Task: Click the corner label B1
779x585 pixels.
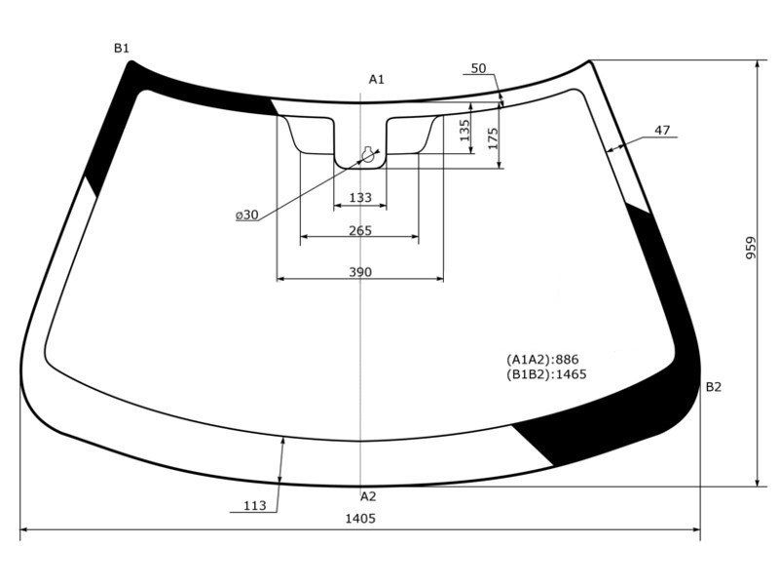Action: pyautogui.click(x=122, y=48)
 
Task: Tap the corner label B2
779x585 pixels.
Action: pyautogui.click(x=714, y=387)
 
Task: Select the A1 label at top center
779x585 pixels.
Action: pyautogui.click(x=377, y=79)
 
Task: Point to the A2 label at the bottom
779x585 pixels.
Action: pyautogui.click(x=368, y=496)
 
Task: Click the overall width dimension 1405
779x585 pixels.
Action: pyautogui.click(x=360, y=519)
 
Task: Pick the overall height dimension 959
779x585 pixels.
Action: pyautogui.click(x=750, y=248)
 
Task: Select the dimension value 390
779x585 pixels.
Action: pyautogui.click(x=360, y=272)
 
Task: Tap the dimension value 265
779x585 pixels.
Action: pyautogui.click(x=360, y=231)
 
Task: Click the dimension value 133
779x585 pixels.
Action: pyautogui.click(x=360, y=198)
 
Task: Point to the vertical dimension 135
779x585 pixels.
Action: pyautogui.click(x=464, y=131)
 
